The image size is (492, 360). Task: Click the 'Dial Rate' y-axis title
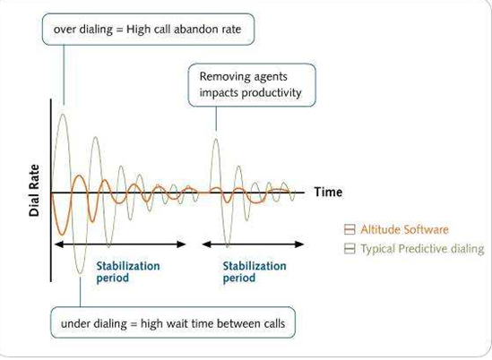[34, 191]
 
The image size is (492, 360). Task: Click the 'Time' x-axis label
[328, 192]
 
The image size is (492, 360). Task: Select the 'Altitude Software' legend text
[404, 229]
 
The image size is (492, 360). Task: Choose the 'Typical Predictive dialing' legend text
[422, 249]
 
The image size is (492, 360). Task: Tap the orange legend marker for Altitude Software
[350, 229]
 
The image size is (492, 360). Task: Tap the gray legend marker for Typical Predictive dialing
[350, 249]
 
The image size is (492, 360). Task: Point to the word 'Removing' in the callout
[221, 76]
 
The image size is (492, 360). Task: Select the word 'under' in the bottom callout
[73, 323]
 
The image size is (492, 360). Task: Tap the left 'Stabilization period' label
[128, 272]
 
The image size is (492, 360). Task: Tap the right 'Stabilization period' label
[255, 272]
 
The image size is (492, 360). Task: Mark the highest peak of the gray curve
[63, 114]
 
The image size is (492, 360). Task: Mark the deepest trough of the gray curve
[80, 273]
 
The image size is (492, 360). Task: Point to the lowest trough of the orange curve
[62, 235]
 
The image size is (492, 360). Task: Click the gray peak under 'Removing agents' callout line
[216, 139]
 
